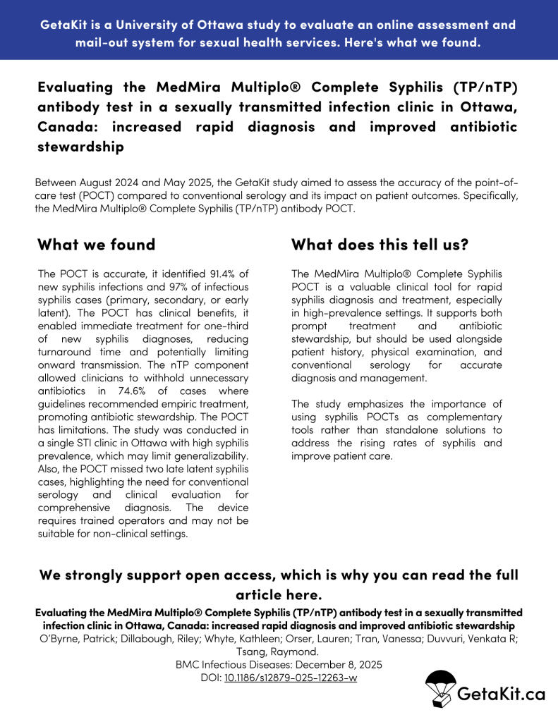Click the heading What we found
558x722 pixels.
tap(96, 245)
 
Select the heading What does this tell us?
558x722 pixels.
tap(380, 245)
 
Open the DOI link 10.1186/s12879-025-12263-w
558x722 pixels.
tap(290, 678)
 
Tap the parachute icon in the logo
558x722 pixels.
tap(439, 689)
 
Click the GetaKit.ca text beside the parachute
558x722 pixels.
tap(502, 694)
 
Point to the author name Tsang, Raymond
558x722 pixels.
tap(279, 651)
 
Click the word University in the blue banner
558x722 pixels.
tap(152, 25)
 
